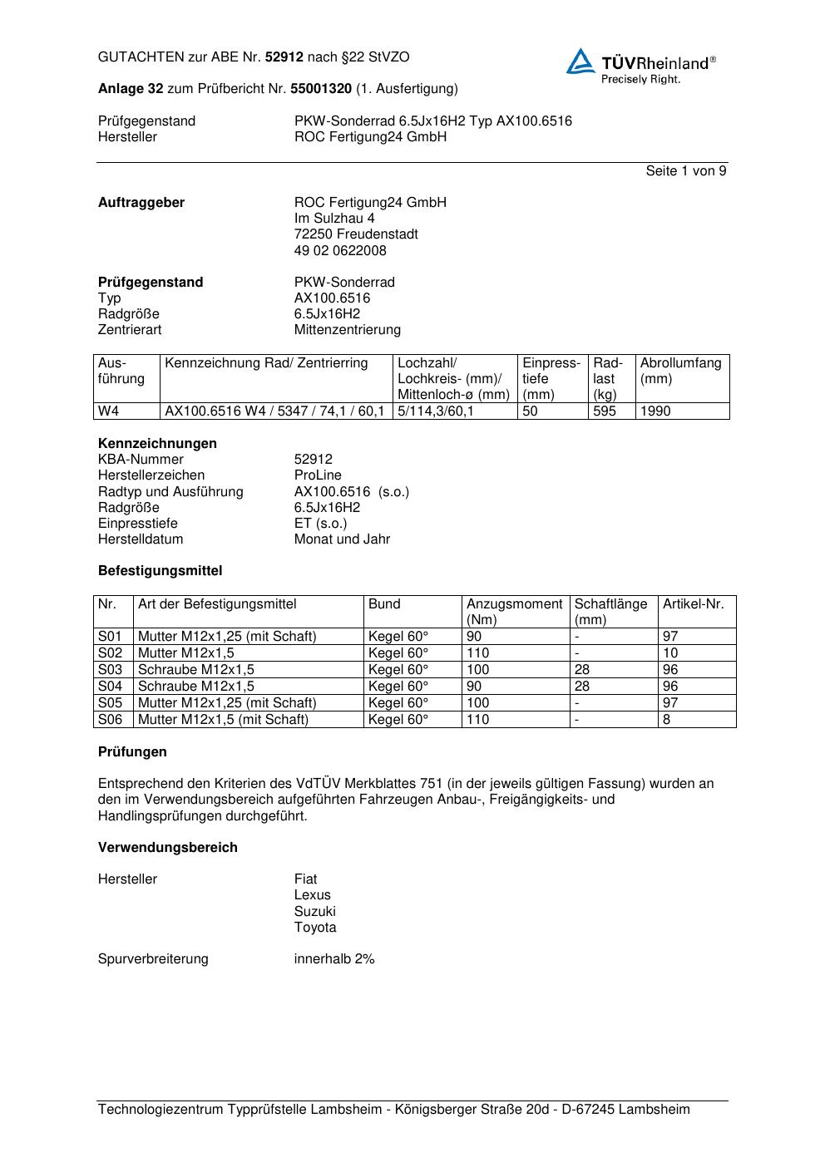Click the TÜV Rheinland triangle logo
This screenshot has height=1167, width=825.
click(580, 62)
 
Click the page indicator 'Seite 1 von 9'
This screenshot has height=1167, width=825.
click(685, 171)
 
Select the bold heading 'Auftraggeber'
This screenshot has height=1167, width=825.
click(141, 203)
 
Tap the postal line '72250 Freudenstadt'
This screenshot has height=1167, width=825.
click(356, 234)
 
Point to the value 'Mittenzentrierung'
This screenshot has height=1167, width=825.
click(347, 330)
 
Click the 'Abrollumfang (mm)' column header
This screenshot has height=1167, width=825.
click(680, 371)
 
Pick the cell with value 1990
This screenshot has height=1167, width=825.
click(655, 411)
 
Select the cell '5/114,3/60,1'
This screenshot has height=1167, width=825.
click(435, 411)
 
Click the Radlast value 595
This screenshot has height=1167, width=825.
click(604, 411)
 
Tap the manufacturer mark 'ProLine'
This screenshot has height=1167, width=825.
click(318, 475)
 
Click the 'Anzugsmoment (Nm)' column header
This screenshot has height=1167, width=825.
click(514, 612)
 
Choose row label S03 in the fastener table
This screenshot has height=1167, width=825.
click(111, 669)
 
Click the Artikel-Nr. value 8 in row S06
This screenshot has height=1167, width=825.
click(666, 719)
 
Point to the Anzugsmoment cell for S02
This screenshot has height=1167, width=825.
click(478, 652)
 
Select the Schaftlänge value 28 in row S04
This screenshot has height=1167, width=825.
click(582, 686)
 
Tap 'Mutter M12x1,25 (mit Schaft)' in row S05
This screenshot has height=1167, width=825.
click(227, 702)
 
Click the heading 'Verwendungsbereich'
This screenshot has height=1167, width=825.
click(168, 848)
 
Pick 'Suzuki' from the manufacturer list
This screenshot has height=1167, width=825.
click(314, 911)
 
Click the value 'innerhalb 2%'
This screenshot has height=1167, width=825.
click(334, 959)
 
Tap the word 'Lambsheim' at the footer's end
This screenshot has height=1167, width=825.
click(655, 1110)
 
